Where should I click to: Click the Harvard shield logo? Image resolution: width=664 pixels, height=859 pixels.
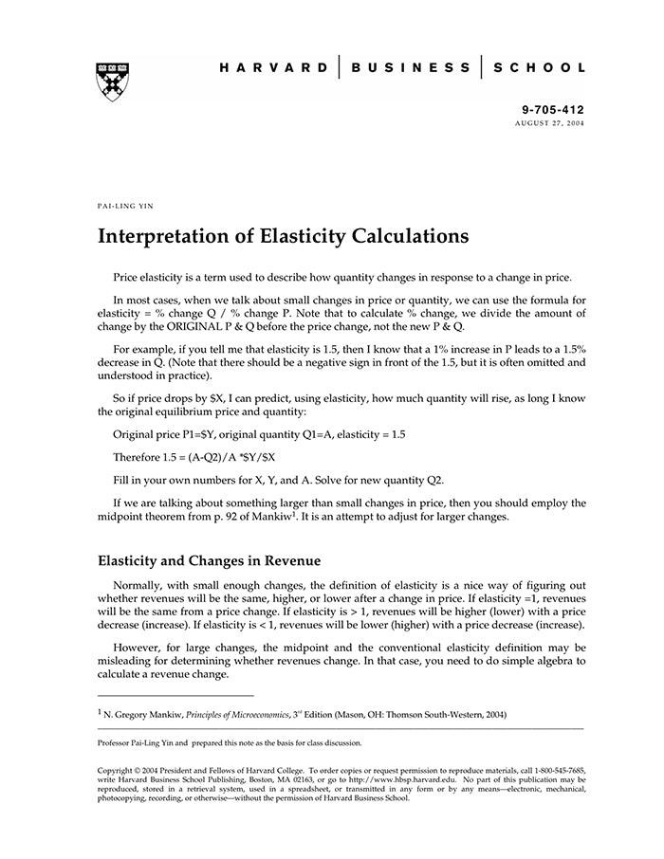point(113,82)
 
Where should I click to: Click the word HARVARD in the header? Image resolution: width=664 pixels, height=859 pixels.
point(273,68)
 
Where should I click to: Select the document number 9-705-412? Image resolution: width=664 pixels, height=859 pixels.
point(554,110)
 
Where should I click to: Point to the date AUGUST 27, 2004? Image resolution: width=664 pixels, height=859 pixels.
point(550,124)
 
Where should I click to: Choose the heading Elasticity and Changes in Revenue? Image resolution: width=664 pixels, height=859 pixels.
point(210,560)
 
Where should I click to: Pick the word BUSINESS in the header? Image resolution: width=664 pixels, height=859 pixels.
point(411,68)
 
